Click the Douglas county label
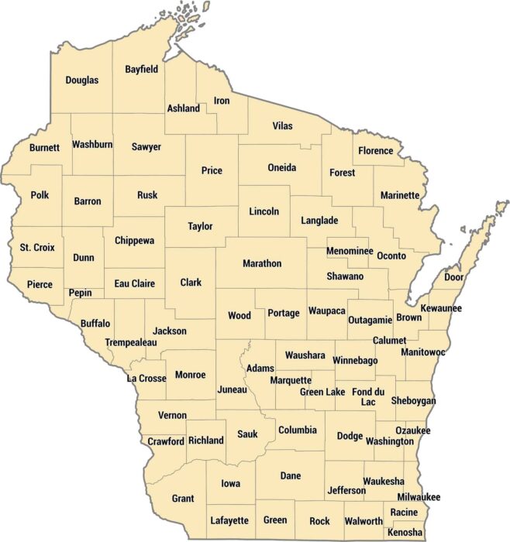click(81, 80)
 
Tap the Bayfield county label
click(142, 69)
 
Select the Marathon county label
click(262, 263)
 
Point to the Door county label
click(453, 276)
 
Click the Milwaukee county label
click(419, 496)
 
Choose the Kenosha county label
click(405, 533)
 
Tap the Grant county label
click(183, 499)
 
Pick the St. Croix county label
click(36, 248)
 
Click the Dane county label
click(291, 476)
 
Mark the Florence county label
click(376, 151)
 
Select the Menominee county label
click(350, 252)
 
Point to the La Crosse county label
click(146, 379)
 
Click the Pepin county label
click(81, 293)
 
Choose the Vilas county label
click(283, 125)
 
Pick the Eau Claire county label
click(134, 284)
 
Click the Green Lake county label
click(322, 393)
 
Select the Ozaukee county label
click(412, 431)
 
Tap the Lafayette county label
click(229, 521)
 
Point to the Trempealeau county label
click(131, 342)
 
